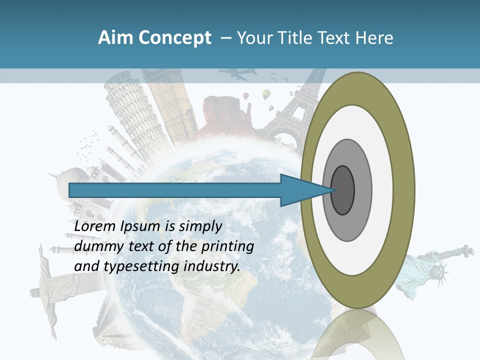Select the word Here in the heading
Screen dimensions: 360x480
374,38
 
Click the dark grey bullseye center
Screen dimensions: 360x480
343,190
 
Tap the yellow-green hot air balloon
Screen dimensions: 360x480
266,94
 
